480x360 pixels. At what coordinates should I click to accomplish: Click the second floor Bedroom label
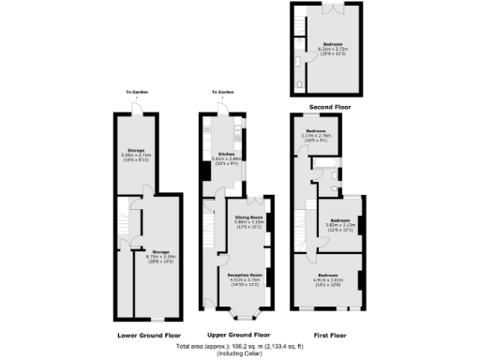[x=325, y=44]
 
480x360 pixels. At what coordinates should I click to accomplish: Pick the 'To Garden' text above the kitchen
[x=221, y=92]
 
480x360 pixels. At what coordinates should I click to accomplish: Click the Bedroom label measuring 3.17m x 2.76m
[x=314, y=133]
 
